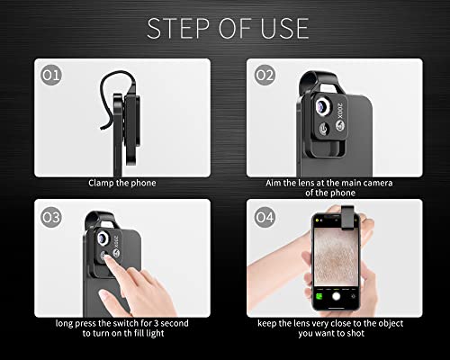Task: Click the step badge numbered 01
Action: [x=51, y=75]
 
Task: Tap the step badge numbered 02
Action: [x=265, y=75]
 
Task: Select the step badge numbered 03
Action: [x=51, y=217]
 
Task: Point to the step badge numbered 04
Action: [x=265, y=217]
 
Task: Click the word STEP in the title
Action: [x=178, y=29]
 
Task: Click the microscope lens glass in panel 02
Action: [x=322, y=105]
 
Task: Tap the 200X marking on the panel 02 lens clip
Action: [x=340, y=111]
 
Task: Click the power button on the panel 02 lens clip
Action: [x=323, y=129]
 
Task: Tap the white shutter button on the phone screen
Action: [x=337, y=296]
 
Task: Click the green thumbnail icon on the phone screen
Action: [x=319, y=297]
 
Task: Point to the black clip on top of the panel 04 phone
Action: [x=347, y=218]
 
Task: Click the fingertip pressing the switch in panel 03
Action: [x=105, y=258]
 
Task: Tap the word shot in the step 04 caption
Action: [x=355, y=333]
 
